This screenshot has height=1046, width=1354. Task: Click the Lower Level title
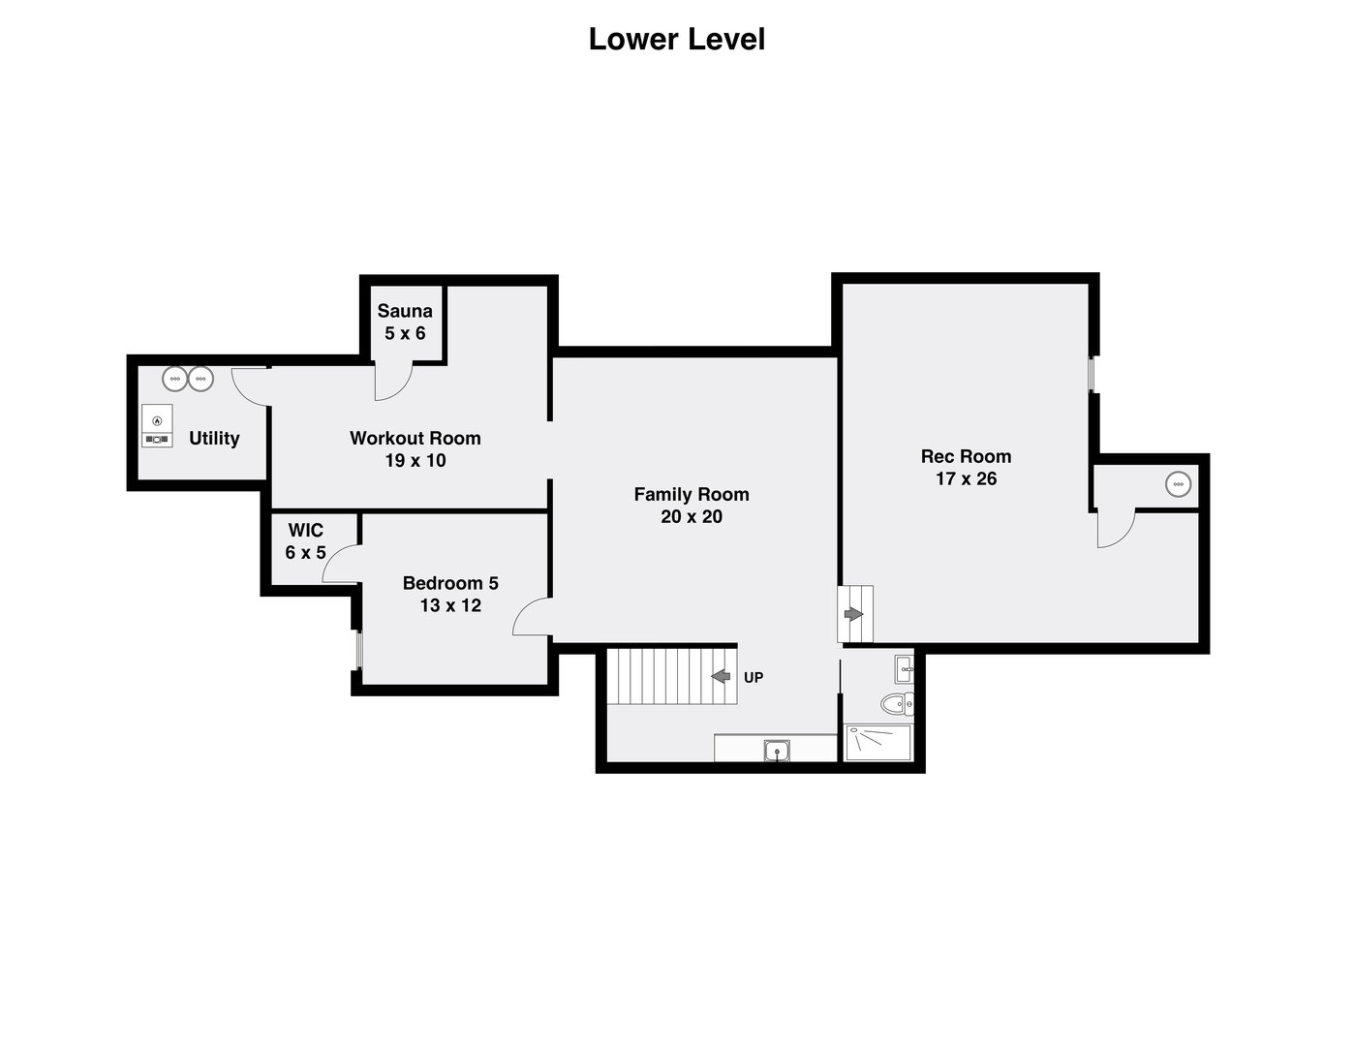click(x=676, y=40)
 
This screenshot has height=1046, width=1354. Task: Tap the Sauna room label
click(x=405, y=311)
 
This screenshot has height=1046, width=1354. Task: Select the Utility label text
click(x=214, y=439)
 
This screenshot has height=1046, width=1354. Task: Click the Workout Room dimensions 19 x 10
click(x=415, y=461)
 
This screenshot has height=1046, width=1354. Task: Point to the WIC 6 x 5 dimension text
click(x=305, y=553)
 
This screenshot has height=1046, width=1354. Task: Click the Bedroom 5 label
click(x=450, y=583)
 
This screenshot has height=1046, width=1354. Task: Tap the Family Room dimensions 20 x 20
click(x=692, y=517)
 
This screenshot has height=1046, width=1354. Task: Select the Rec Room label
click(x=966, y=456)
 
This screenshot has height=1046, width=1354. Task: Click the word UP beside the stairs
click(x=754, y=678)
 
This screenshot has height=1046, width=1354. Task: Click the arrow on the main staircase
click(x=721, y=676)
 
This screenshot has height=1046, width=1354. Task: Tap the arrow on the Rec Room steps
click(x=853, y=614)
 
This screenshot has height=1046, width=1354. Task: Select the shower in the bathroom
click(x=877, y=743)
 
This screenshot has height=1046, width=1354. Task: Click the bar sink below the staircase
click(x=777, y=750)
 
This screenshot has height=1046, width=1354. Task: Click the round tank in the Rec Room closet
click(x=1178, y=483)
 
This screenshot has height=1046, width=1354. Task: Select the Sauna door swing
click(x=392, y=382)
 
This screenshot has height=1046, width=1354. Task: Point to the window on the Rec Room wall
click(x=1092, y=374)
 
